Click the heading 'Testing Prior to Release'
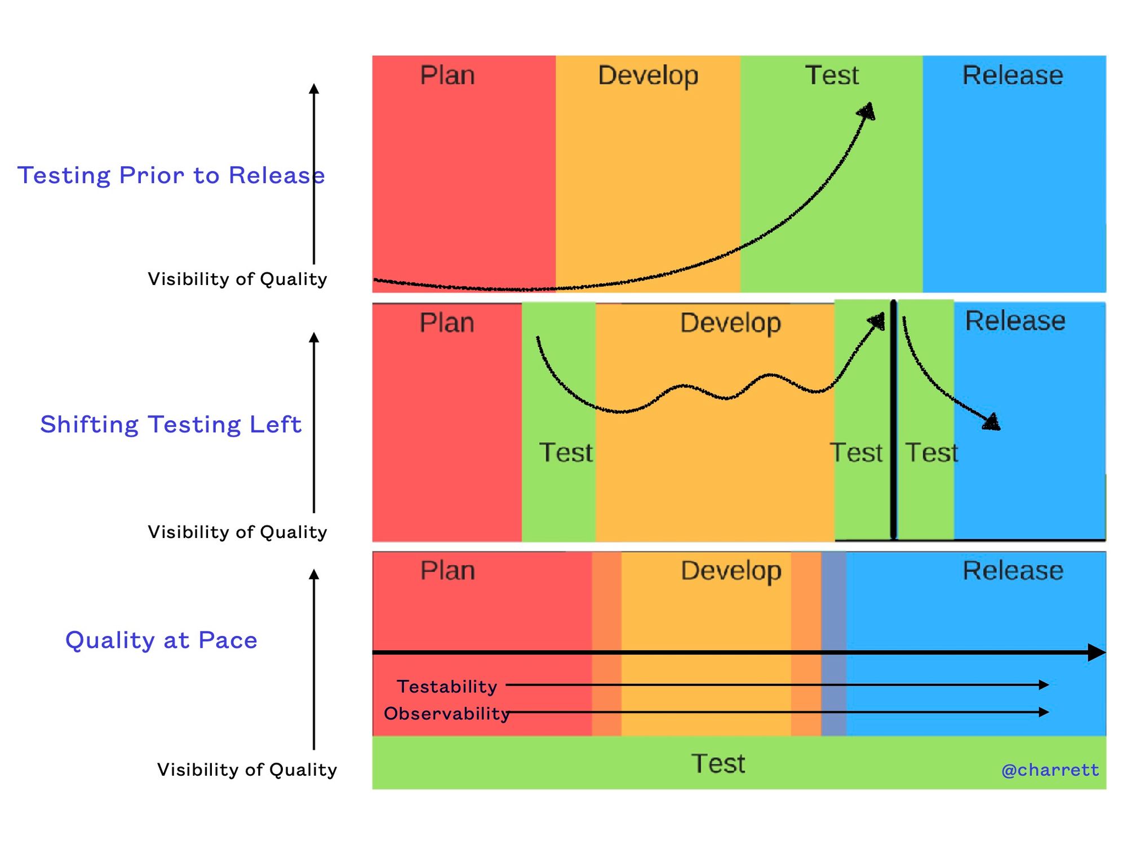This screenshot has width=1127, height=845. coord(171,175)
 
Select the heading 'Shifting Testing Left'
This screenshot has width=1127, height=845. coord(171,424)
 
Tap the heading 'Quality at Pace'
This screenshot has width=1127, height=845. coord(161,640)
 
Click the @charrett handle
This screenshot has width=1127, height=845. coord(1050,770)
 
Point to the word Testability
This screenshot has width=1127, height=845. coord(447,686)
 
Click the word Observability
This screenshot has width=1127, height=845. coord(447,713)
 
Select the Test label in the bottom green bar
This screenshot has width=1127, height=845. coord(718,764)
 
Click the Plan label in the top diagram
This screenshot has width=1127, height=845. coord(447,75)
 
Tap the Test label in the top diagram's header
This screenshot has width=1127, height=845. coord(832,75)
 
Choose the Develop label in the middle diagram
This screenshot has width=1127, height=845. coord(730,323)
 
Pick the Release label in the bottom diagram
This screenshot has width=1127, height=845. coord(1013,571)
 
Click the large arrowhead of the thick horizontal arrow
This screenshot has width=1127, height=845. coord(1097,652)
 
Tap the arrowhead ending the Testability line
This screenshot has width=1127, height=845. coord(1044,685)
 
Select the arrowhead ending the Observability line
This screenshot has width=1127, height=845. coord(1044,712)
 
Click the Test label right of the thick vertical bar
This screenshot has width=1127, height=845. coord(931,452)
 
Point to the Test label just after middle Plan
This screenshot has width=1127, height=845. coord(566,452)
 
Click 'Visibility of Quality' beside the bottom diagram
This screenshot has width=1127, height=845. coord(247,770)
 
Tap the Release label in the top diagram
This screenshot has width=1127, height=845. coord(1013,75)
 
